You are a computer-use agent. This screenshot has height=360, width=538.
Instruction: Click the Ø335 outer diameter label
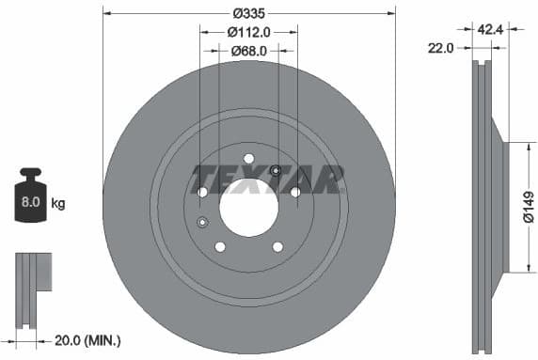click(249, 13)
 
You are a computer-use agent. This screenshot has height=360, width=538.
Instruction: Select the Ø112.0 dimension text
click(249, 32)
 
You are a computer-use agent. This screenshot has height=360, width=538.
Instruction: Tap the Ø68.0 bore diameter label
click(249, 51)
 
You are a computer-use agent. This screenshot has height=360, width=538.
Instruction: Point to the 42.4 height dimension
click(489, 29)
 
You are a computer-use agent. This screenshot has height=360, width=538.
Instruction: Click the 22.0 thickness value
click(441, 47)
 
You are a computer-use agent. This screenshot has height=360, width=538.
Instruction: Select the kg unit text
click(58, 203)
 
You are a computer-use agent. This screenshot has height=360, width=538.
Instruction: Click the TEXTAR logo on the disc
click(267, 179)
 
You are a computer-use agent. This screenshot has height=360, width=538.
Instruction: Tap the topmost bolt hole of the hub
click(248, 158)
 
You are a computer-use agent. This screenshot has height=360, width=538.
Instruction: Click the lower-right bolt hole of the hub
click(277, 246)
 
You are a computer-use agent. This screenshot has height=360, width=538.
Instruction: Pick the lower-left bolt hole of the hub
click(220, 246)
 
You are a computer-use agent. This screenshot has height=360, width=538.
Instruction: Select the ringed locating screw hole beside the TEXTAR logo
click(276, 170)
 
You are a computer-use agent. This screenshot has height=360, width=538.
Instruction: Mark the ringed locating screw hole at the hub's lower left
click(202, 222)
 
